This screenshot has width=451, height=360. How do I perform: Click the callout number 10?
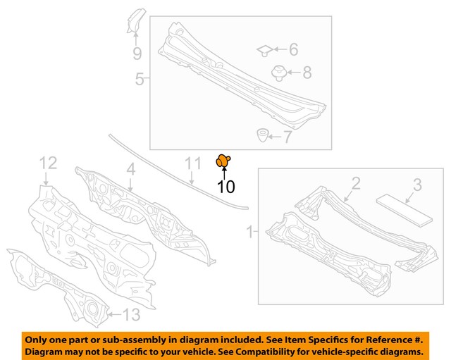[225, 187]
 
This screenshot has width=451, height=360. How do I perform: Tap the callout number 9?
[137, 53]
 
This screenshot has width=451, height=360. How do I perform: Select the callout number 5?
[140, 80]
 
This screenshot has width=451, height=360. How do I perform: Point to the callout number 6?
[292, 49]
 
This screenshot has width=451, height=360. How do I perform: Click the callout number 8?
[307, 72]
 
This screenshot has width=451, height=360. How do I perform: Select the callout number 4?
[131, 169]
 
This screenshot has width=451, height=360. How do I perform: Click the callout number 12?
[47, 163]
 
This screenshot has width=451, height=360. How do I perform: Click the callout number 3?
[416, 185]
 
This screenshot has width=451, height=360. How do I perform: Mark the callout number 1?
[249, 230]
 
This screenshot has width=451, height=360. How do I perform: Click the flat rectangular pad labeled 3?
[404, 209]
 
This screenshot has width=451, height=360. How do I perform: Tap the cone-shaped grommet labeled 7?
[261, 133]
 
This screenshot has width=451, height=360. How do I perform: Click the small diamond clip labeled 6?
[265, 49]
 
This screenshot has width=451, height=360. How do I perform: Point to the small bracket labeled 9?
[135, 22]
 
